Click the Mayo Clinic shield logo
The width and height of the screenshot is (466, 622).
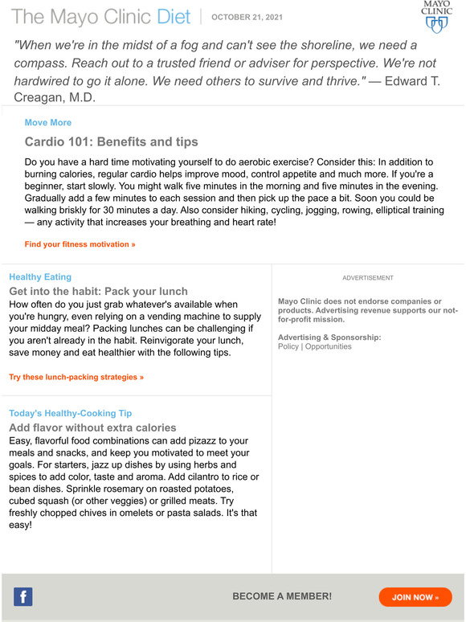point(436,17)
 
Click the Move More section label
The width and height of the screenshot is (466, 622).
point(48,123)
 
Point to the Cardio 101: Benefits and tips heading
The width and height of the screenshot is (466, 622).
point(111,142)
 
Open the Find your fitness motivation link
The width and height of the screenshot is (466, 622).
point(80,244)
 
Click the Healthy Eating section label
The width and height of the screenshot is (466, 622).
point(40,277)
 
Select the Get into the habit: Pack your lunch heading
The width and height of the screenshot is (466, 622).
point(98,292)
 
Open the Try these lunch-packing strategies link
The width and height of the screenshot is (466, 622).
point(76,377)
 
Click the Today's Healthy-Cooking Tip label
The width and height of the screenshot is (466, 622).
point(70,414)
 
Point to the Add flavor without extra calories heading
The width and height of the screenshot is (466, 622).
point(92,428)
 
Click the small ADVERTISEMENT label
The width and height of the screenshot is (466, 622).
point(368,278)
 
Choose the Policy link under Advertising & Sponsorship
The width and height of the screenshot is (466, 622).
point(288,347)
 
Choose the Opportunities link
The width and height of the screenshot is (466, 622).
point(328,347)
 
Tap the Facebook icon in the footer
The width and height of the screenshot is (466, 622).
point(23,597)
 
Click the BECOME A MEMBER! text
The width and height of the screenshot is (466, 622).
point(282,597)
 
